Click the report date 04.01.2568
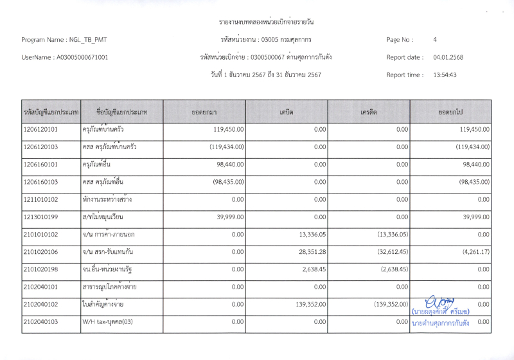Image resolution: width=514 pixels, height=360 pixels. (x=448, y=57)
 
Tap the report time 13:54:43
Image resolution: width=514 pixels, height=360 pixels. (x=445, y=75)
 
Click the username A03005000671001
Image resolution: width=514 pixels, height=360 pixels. (x=83, y=57)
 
